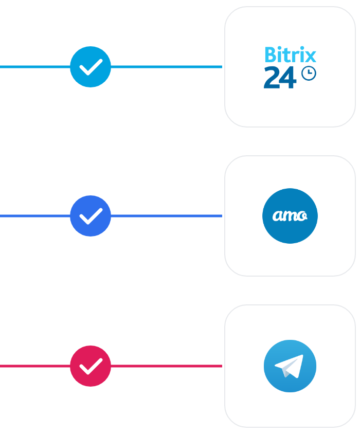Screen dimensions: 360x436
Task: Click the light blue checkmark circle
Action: click(91, 67)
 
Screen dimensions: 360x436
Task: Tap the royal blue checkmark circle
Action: click(91, 216)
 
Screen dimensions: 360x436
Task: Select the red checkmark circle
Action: click(91, 366)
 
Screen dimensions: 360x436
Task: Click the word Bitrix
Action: click(291, 55)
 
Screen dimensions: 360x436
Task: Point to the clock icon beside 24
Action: click(309, 74)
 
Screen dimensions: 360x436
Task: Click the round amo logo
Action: click(290, 216)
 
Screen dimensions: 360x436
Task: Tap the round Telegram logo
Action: click(290, 366)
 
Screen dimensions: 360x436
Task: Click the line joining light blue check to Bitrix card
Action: click(166, 67)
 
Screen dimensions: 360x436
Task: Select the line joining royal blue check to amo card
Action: click(166, 216)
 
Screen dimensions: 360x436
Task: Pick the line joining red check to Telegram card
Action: click(166, 366)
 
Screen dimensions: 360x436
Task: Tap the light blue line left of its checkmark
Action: click(35, 67)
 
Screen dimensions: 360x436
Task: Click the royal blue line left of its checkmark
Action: click(35, 216)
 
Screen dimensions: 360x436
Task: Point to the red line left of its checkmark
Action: click(35, 366)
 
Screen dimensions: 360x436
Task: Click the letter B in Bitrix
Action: click(271, 55)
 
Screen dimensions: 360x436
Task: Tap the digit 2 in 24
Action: click(272, 78)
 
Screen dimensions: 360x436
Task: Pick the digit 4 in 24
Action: click(288, 78)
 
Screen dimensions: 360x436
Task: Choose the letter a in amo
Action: click(277, 216)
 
